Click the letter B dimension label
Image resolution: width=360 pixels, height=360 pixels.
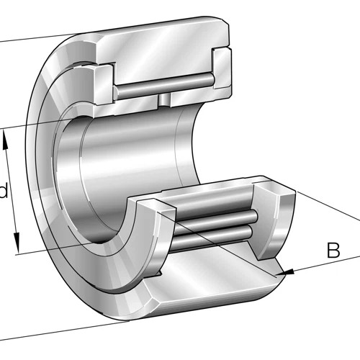(333, 250)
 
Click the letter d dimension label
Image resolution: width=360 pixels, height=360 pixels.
(4, 190)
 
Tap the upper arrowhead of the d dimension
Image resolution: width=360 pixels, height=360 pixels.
(6, 140)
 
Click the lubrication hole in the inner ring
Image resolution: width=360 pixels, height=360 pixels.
(164, 99)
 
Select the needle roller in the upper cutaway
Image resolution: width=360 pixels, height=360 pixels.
(164, 84)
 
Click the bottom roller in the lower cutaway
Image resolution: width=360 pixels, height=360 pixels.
(212, 238)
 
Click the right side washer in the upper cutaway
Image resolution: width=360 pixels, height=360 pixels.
(222, 69)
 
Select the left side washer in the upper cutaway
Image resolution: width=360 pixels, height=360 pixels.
(104, 84)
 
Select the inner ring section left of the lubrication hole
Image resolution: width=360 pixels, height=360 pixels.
(127, 106)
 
